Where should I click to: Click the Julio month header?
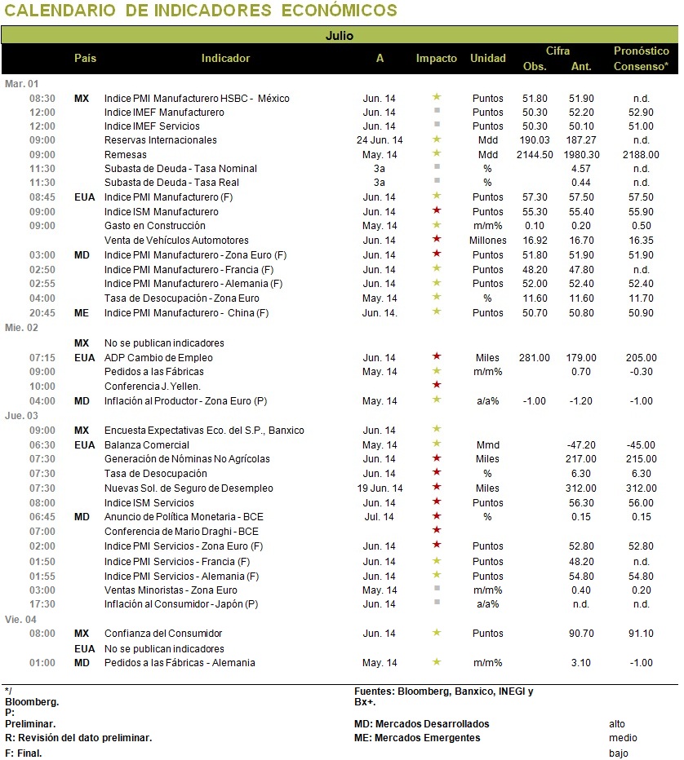click(339, 35)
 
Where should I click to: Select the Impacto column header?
click(436, 58)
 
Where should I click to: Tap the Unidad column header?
click(487, 58)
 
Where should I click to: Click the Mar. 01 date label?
click(21, 84)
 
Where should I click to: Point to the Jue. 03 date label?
click(21, 415)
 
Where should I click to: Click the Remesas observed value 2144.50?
click(535, 155)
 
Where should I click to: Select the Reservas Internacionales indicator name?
click(161, 140)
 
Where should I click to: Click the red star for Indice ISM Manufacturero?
click(437, 210)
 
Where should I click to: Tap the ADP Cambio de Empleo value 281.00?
click(535, 358)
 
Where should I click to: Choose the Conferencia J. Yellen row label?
click(153, 387)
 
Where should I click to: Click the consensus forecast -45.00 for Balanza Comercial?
click(641, 445)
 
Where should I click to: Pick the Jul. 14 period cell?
click(380, 517)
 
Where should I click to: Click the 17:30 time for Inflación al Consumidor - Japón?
click(42, 604)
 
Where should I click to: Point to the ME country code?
click(82, 313)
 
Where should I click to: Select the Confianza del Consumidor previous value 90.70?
click(581, 633)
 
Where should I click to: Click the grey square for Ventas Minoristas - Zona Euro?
click(437, 588)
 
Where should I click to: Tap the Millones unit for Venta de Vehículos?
click(487, 241)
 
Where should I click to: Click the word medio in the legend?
click(623, 738)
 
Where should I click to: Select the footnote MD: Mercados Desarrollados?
click(421, 723)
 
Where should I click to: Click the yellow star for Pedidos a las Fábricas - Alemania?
click(437, 661)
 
